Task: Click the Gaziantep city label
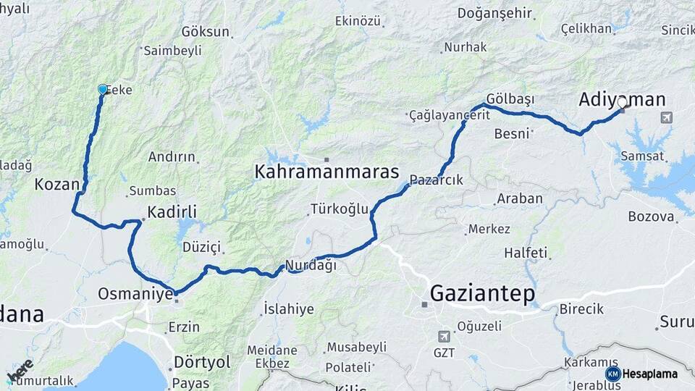tap(482, 294)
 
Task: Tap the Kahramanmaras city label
tap(327, 172)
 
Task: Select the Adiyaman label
tap(622, 100)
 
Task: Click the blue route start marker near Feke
tap(103, 89)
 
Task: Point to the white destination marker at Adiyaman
tap(621, 103)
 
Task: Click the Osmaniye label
tap(135, 294)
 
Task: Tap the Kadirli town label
tap(172, 212)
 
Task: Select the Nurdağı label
tap(311, 265)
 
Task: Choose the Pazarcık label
tap(436, 180)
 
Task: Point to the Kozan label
tap(56, 184)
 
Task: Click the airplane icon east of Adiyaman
tap(666, 117)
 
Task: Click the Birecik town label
tap(581, 309)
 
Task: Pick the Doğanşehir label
tap(496, 14)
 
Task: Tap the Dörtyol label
tap(202, 361)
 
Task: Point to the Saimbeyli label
tap(172, 51)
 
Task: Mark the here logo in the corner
tap(20, 370)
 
